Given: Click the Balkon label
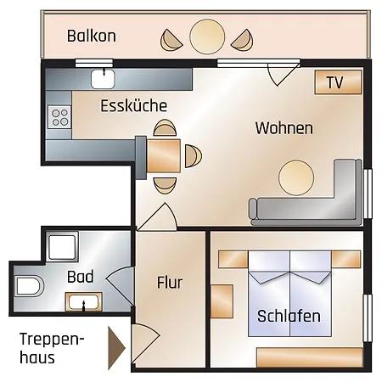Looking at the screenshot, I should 91,37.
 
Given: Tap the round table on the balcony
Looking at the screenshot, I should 206,37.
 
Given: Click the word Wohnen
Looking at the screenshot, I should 284,129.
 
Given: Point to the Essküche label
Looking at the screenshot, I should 133,106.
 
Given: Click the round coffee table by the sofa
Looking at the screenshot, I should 298,177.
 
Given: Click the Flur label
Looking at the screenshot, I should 170,283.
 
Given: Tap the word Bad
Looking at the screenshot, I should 80,276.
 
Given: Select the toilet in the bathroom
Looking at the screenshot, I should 28,286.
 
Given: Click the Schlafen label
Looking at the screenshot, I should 289,317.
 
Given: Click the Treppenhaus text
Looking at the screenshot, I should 51,348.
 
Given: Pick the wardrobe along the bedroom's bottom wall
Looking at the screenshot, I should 309,357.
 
